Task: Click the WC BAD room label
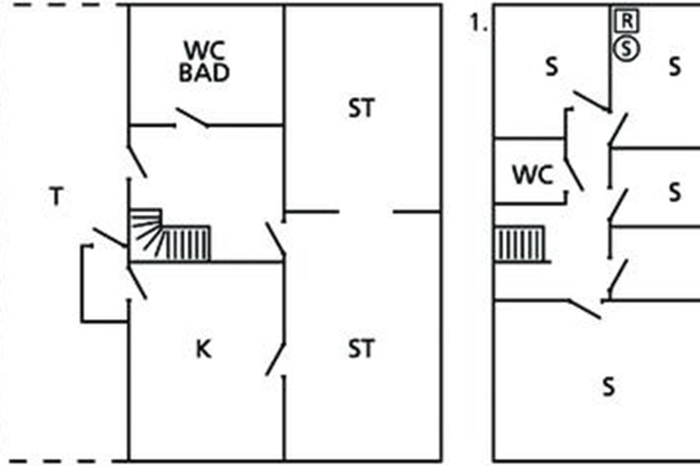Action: pyautogui.click(x=204, y=62)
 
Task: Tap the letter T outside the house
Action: pyautogui.click(x=55, y=198)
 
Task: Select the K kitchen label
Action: pyautogui.click(x=202, y=349)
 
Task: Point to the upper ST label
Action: pyautogui.click(x=361, y=109)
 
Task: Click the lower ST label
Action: pyautogui.click(x=361, y=349)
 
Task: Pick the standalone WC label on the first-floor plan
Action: pyautogui.click(x=532, y=175)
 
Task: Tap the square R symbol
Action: pyautogui.click(x=626, y=22)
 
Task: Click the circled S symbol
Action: pyautogui.click(x=626, y=49)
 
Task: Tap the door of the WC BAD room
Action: pyautogui.click(x=192, y=118)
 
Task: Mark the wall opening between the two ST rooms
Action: pyautogui.click(x=366, y=211)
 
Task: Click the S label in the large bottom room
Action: pyautogui.click(x=608, y=387)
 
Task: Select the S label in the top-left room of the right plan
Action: pyautogui.click(x=551, y=68)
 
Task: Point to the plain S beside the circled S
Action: pyautogui.click(x=674, y=68)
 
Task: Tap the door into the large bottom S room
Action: pyautogui.click(x=585, y=309)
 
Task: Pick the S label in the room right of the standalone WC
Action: pyautogui.click(x=674, y=192)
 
